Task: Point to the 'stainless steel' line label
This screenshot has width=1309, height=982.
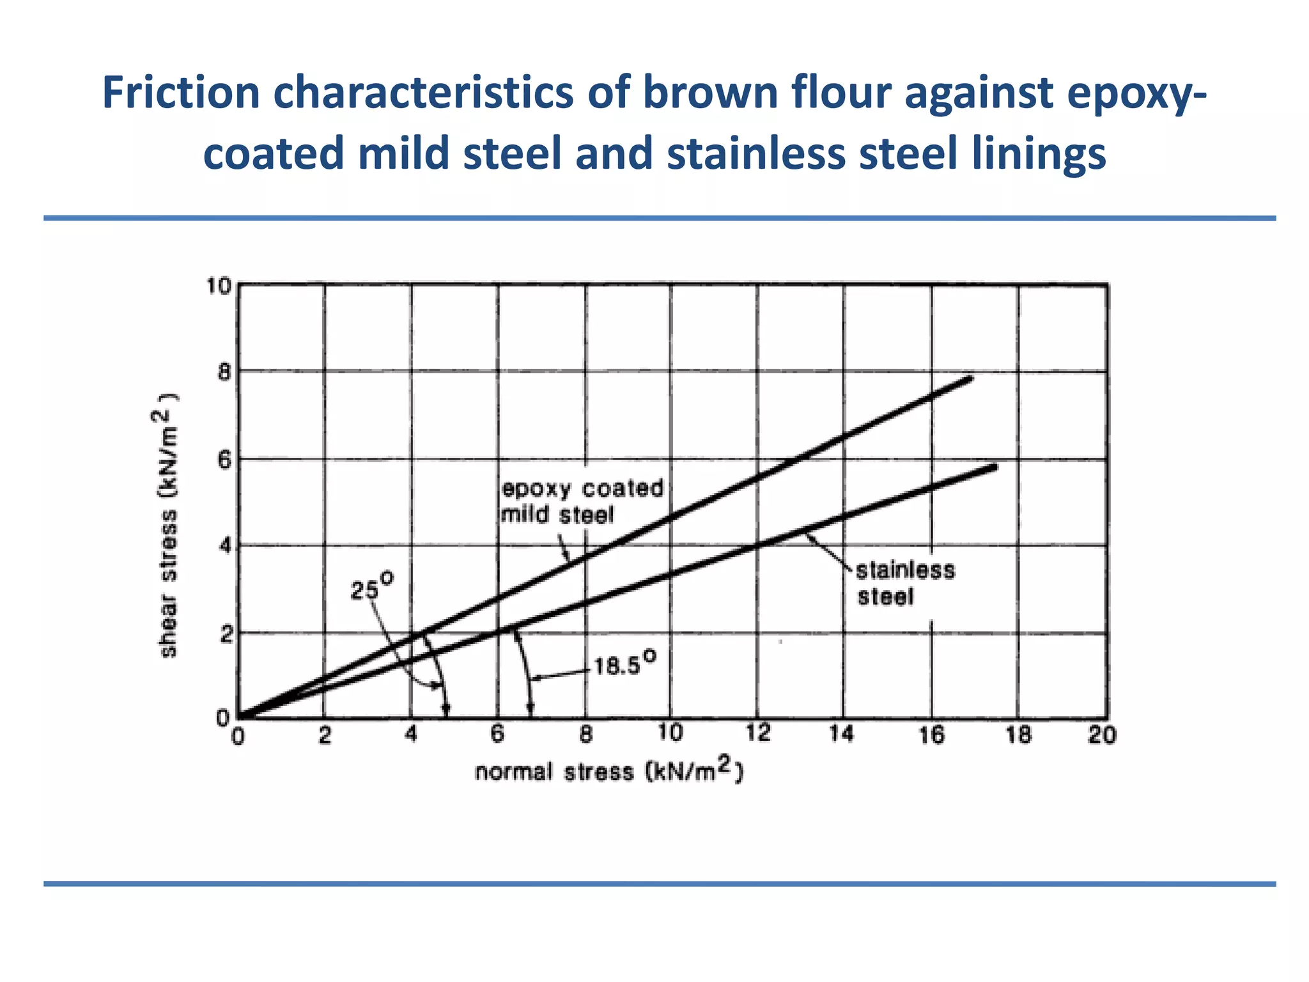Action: point(904,583)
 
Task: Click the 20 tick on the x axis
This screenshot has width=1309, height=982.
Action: point(1103,735)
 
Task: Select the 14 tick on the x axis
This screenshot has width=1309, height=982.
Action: point(842,735)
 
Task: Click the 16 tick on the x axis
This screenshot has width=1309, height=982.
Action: point(931,735)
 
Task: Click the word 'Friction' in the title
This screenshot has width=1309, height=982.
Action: point(180,93)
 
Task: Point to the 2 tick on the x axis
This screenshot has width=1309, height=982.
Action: point(325,735)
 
